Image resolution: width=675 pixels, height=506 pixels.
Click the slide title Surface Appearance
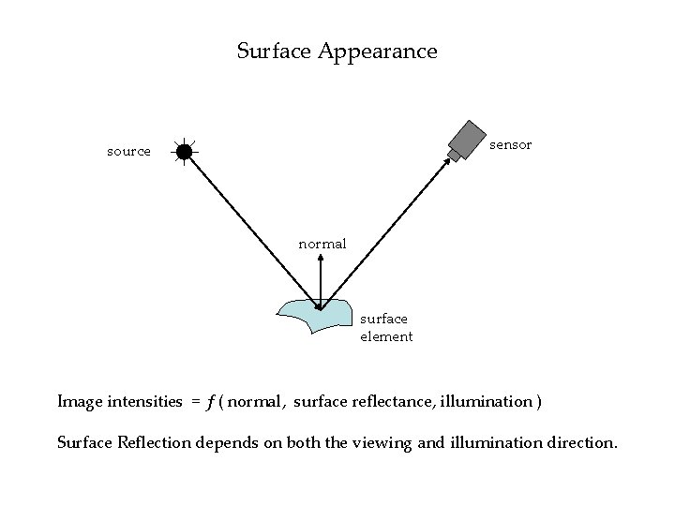tap(337, 51)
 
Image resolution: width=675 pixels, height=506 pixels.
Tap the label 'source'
tap(128, 151)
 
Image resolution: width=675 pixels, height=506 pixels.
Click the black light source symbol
tap(185, 151)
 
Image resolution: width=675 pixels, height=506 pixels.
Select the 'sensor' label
tap(511, 144)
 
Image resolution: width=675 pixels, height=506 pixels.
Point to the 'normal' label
tap(322, 244)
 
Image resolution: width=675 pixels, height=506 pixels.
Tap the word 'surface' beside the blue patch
tap(383, 320)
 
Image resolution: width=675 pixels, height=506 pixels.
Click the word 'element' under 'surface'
tap(386, 336)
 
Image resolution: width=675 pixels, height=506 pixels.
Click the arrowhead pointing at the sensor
tap(446, 161)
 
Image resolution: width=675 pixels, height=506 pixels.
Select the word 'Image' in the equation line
tap(79, 402)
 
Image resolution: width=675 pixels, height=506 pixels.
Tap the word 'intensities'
tap(144, 402)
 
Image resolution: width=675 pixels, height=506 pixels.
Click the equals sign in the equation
tap(195, 402)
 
